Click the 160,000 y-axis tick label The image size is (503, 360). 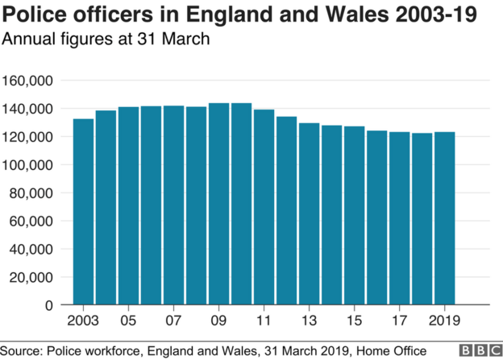28,81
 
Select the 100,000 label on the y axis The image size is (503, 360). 28,165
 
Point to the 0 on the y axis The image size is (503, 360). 49,305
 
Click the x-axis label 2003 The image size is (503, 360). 83,321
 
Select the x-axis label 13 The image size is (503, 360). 309,321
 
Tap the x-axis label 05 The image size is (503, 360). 128,321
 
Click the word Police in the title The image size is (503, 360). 32,15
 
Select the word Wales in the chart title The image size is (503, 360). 343,15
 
